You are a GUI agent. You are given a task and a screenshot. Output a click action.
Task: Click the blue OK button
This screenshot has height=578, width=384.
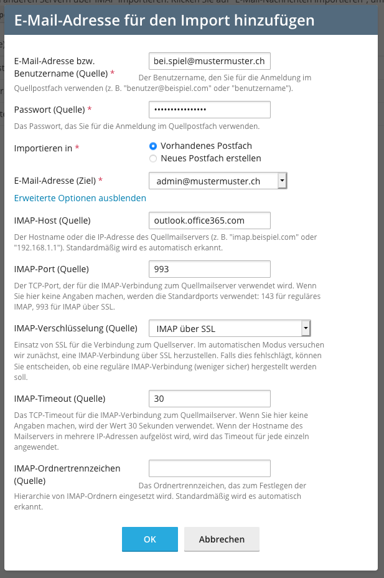coord(149,539)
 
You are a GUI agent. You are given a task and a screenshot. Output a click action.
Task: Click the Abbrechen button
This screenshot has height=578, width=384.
coord(222,539)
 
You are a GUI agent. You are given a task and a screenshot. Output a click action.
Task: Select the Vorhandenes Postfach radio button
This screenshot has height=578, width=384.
coord(153,146)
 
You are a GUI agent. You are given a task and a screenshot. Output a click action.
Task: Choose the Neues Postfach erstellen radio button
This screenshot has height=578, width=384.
coord(153,158)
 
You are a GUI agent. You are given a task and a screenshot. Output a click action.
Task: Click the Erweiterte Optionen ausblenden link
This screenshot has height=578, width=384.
coord(80,198)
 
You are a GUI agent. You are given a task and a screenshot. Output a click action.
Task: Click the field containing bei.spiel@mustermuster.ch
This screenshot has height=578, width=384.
coord(210,61)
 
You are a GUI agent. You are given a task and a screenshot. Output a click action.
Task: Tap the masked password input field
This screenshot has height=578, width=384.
coord(210,110)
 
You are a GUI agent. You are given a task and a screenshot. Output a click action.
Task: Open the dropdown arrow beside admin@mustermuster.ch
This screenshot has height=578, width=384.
coord(282,181)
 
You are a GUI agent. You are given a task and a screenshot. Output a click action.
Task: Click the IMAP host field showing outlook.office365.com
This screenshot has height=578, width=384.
coord(210,220)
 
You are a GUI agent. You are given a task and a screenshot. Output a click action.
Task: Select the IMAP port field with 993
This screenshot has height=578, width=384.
coord(210,269)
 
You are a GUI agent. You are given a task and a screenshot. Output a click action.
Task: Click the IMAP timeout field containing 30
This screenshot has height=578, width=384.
coord(210,399)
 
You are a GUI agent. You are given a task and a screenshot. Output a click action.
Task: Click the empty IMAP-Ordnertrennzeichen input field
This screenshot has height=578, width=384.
coord(210,468)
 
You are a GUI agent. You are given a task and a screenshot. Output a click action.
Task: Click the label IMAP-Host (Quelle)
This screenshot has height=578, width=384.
coord(52,220)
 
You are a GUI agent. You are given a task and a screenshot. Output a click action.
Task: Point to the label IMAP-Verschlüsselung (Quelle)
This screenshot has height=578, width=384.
coord(75,328)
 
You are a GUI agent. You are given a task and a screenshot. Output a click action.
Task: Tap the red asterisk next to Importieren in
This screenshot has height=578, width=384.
coord(77,148)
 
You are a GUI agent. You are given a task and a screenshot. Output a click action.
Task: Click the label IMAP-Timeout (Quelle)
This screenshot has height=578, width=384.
coord(59,399)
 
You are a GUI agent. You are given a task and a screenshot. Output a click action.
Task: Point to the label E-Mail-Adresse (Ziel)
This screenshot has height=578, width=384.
coord(55,181)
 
